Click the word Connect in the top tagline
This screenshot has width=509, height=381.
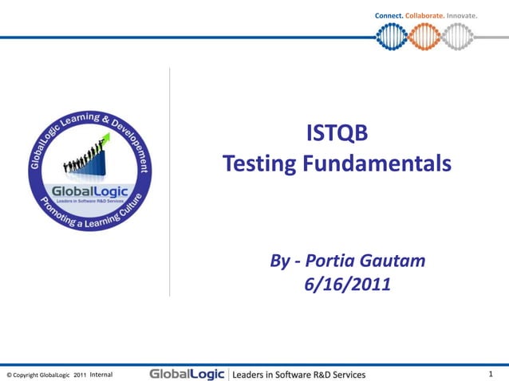[388, 16]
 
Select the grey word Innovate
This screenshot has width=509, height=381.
[462, 16]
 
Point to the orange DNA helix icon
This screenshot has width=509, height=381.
[424, 36]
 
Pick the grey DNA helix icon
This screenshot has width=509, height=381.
[458, 36]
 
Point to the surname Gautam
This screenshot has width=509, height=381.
[396, 261]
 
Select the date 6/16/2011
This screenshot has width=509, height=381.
[347, 283]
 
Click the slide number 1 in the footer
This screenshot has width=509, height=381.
[491, 374]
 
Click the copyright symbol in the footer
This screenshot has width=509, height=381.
[9, 375]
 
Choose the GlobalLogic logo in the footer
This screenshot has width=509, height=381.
[187, 374]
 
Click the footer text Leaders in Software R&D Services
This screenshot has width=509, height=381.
[298, 374]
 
